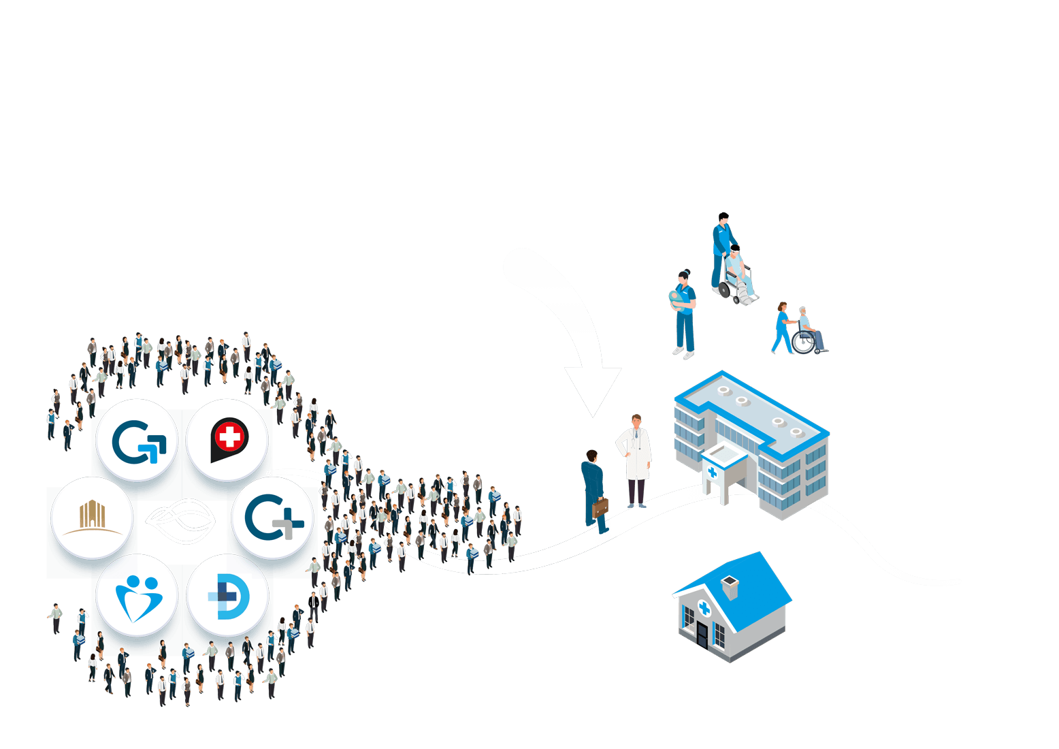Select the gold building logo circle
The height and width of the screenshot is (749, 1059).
(92, 517)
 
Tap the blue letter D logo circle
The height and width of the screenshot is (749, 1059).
(228, 596)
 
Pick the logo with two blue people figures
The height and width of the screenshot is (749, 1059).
(137, 596)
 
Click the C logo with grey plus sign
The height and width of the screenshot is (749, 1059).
(272, 519)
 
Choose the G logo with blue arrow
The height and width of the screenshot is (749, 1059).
(137, 441)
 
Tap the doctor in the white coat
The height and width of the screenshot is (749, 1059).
(635, 460)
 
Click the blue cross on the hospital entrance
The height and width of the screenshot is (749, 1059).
(712, 472)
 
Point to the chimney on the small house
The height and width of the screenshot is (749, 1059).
(730, 587)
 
